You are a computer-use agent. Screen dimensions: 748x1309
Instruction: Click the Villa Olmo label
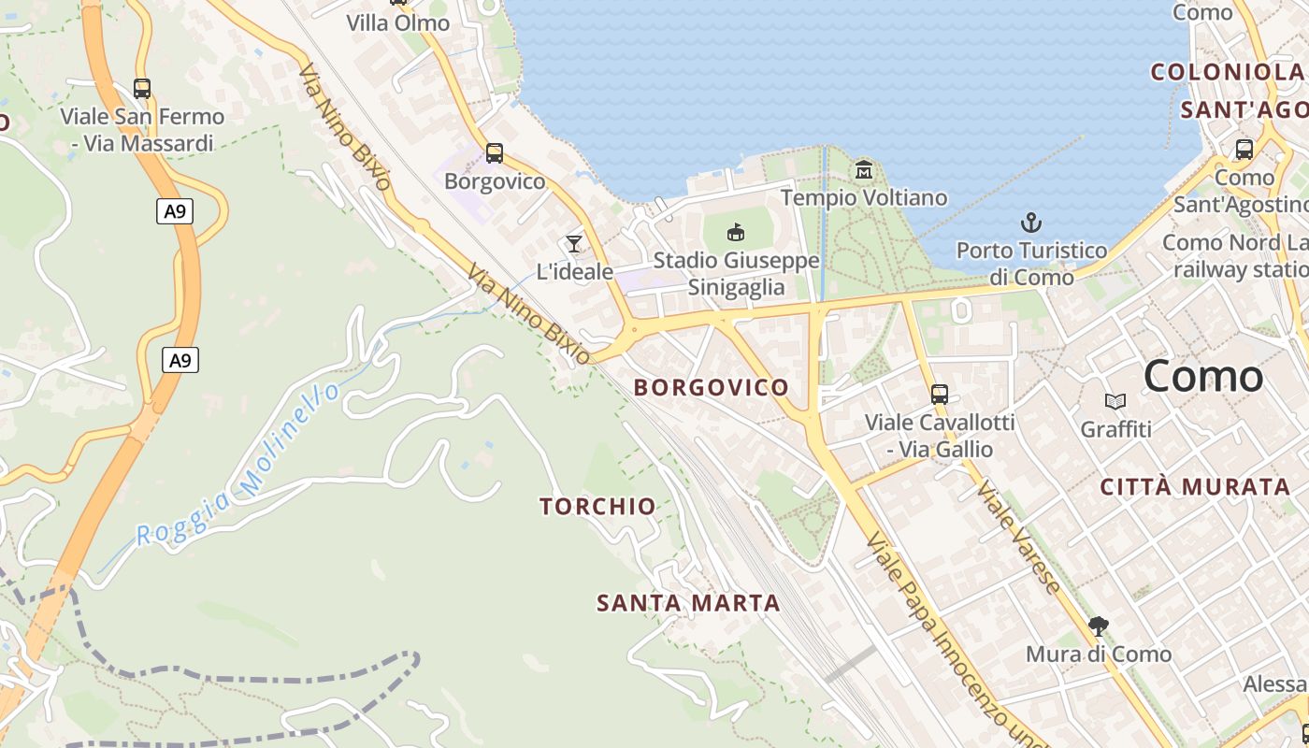pyautogui.click(x=398, y=22)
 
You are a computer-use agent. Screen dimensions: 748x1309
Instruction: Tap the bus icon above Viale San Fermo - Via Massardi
pyautogui.click(x=142, y=89)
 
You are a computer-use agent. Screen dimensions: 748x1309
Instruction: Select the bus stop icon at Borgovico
pyautogui.click(x=494, y=153)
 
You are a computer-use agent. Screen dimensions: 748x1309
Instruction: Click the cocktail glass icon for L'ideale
pyautogui.click(x=574, y=244)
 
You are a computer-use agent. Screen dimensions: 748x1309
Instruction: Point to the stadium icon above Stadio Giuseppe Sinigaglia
pyautogui.click(x=736, y=232)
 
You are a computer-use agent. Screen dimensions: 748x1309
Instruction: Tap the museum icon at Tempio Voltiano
pyautogui.click(x=863, y=170)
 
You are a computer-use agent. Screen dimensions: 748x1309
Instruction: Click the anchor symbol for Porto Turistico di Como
pyautogui.click(x=1030, y=223)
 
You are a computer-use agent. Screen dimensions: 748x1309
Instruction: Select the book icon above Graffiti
pyautogui.click(x=1115, y=401)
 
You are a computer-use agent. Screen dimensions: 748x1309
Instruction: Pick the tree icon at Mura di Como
pyautogui.click(x=1099, y=626)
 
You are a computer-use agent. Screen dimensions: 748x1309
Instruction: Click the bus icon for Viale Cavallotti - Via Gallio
pyautogui.click(x=940, y=395)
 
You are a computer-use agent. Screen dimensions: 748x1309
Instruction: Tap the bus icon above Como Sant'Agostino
pyautogui.click(x=1244, y=150)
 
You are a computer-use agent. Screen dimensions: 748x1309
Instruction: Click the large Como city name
pyautogui.click(x=1203, y=376)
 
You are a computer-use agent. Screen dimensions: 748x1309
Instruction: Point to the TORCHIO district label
pyautogui.click(x=598, y=507)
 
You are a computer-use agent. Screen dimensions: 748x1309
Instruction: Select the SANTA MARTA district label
pyautogui.click(x=688, y=603)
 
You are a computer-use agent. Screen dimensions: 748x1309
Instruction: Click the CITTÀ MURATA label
pyautogui.click(x=1195, y=486)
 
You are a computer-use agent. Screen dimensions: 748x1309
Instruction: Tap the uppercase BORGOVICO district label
pyautogui.click(x=712, y=387)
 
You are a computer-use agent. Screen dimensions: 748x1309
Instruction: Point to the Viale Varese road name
pyautogui.click(x=1018, y=538)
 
